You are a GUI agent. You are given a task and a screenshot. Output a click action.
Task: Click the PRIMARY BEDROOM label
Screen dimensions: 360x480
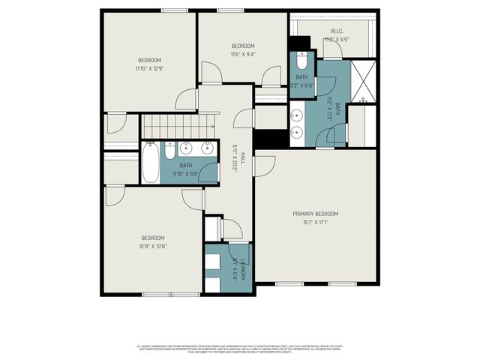click(315, 213)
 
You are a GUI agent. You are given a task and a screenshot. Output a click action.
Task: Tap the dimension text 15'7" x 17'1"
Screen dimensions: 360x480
click(315, 222)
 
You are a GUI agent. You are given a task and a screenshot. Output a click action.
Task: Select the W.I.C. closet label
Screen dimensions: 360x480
click(336, 31)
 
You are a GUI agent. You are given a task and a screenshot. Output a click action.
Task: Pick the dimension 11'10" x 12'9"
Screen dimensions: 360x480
click(149, 69)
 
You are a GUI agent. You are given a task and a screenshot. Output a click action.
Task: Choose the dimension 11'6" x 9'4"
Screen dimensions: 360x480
click(242, 54)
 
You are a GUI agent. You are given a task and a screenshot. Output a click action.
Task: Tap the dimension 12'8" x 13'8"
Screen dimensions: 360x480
click(153, 246)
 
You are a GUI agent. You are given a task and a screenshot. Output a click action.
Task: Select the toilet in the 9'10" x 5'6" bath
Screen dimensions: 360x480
click(169, 152)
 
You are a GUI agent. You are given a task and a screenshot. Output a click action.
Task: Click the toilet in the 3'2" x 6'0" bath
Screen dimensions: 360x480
click(301, 58)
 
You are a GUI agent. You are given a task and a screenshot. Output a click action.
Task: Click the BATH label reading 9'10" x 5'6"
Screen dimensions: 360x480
click(185, 166)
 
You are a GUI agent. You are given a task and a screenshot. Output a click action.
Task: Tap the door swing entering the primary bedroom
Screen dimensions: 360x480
click(262, 165)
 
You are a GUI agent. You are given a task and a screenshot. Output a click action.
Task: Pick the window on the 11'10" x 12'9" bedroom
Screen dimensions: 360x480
click(174, 10)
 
